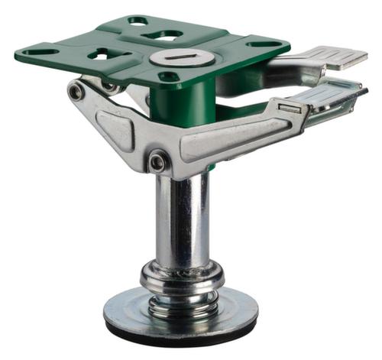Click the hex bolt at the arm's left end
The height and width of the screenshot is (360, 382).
(x=76, y=92)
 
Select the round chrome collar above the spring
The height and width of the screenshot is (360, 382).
(x=182, y=273)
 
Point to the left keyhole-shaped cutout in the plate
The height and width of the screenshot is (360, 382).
(x=107, y=54)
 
